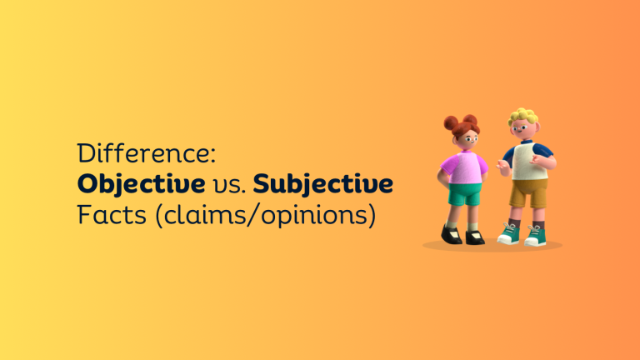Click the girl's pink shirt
tap(466, 167)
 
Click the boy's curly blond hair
tap(523, 116)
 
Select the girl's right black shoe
tap(451, 236)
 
